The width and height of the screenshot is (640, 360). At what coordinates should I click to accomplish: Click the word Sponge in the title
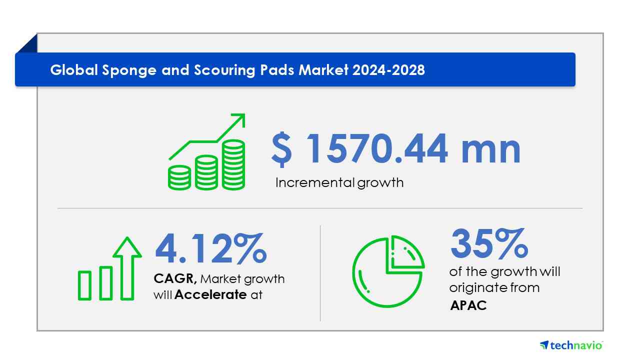click(x=129, y=70)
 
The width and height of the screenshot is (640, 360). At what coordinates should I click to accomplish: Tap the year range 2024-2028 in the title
click(x=388, y=70)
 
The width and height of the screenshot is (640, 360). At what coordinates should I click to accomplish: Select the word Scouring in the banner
click(x=224, y=70)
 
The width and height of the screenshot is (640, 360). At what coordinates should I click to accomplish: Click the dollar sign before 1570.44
click(x=281, y=149)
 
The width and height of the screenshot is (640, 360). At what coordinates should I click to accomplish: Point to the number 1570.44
click(x=377, y=149)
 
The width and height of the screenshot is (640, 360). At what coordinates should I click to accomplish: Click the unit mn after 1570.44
click(x=491, y=151)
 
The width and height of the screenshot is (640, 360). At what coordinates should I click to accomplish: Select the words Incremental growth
click(x=339, y=183)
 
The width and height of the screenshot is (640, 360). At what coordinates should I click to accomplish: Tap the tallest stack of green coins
click(x=233, y=165)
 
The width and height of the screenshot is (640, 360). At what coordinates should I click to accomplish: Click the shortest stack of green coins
click(x=179, y=177)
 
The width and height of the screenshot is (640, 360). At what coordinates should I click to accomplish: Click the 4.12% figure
click(x=211, y=248)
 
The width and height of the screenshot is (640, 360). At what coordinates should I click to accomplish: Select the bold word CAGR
click(x=175, y=278)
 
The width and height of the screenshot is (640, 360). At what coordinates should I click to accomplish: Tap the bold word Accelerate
click(x=210, y=294)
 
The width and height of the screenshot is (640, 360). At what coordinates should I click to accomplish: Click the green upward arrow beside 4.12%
click(x=127, y=268)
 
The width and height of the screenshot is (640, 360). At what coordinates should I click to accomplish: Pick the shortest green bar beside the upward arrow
click(x=84, y=285)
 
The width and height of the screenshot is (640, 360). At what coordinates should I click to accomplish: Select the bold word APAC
click(x=468, y=305)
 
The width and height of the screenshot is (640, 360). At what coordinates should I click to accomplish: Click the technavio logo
click(x=571, y=345)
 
